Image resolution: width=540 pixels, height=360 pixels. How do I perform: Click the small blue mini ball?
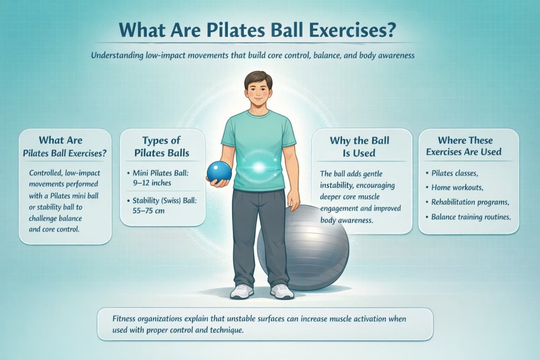pyautogui.click(x=219, y=172)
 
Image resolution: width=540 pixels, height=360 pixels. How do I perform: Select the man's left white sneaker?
pyautogui.click(x=282, y=291)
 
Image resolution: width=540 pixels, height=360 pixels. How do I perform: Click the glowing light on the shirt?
pyautogui.click(x=259, y=167)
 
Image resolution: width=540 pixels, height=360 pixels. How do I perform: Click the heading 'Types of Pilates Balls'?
pyautogui.click(x=162, y=147)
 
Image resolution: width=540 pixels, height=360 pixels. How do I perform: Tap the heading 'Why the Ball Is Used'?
pyautogui.click(x=360, y=147)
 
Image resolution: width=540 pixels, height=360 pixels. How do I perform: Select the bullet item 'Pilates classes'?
pyautogui.click(x=455, y=173)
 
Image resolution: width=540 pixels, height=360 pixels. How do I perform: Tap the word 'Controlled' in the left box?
pyautogui.click(x=49, y=173)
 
